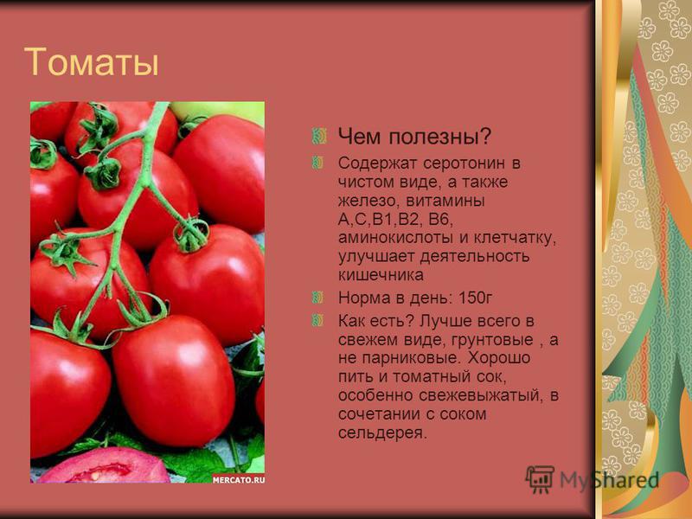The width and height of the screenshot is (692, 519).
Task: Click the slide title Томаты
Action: tap(92, 61)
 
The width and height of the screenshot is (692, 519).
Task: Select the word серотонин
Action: tap(465, 163)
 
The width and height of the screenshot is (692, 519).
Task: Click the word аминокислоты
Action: tap(395, 238)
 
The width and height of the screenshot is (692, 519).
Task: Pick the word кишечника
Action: tap(381, 275)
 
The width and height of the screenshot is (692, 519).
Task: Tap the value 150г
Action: tap(475, 298)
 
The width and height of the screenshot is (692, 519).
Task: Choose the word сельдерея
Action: tap(382, 433)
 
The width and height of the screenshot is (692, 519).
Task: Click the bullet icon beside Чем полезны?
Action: tap(318, 137)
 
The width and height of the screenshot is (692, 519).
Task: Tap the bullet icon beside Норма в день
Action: tap(317, 298)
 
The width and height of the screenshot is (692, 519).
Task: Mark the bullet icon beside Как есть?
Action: tap(317, 320)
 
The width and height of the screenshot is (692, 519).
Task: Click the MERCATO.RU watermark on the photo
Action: tap(239, 480)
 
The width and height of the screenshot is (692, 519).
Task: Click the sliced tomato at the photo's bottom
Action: tap(104, 466)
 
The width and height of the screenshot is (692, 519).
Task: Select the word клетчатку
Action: tap(515, 238)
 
